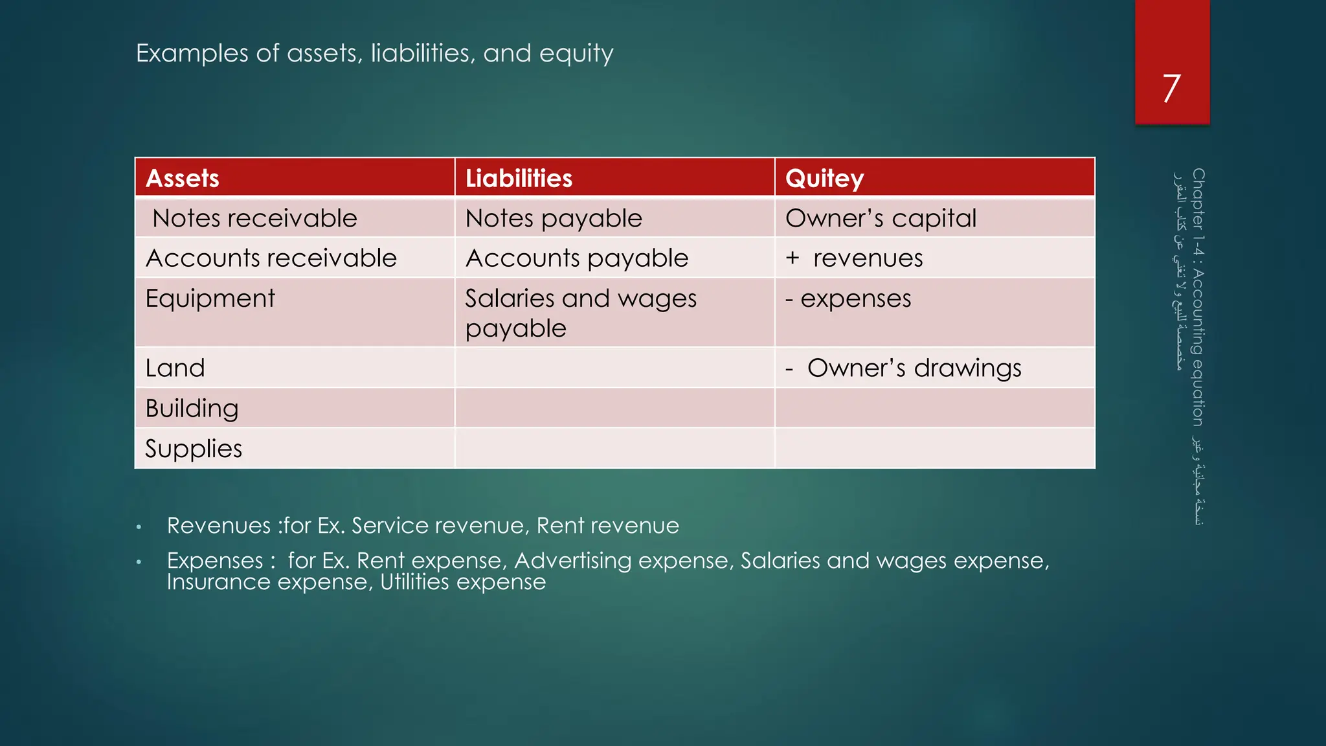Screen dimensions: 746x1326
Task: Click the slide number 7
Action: click(1171, 89)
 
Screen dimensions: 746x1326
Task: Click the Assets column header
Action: click(183, 178)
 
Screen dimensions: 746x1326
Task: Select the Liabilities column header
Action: click(519, 178)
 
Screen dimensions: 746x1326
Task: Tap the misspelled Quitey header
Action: click(824, 178)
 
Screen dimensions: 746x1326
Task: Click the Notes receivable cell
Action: click(254, 218)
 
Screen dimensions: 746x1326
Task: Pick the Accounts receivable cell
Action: click(271, 258)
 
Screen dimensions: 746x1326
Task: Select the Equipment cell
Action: click(210, 299)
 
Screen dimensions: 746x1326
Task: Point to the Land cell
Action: click(175, 368)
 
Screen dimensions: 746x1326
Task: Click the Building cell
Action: click(192, 409)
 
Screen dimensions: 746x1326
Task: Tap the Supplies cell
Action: click(194, 449)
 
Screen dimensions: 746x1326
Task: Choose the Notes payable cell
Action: click(554, 218)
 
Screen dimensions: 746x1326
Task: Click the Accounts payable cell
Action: click(576, 258)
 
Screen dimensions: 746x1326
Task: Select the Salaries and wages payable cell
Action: click(580, 313)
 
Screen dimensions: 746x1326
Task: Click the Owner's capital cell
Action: click(881, 218)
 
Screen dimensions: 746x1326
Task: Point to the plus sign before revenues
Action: click(792, 258)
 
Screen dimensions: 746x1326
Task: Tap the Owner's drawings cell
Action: click(914, 368)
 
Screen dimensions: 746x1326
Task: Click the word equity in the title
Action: click(576, 54)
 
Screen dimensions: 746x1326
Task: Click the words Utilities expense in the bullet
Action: click(462, 582)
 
